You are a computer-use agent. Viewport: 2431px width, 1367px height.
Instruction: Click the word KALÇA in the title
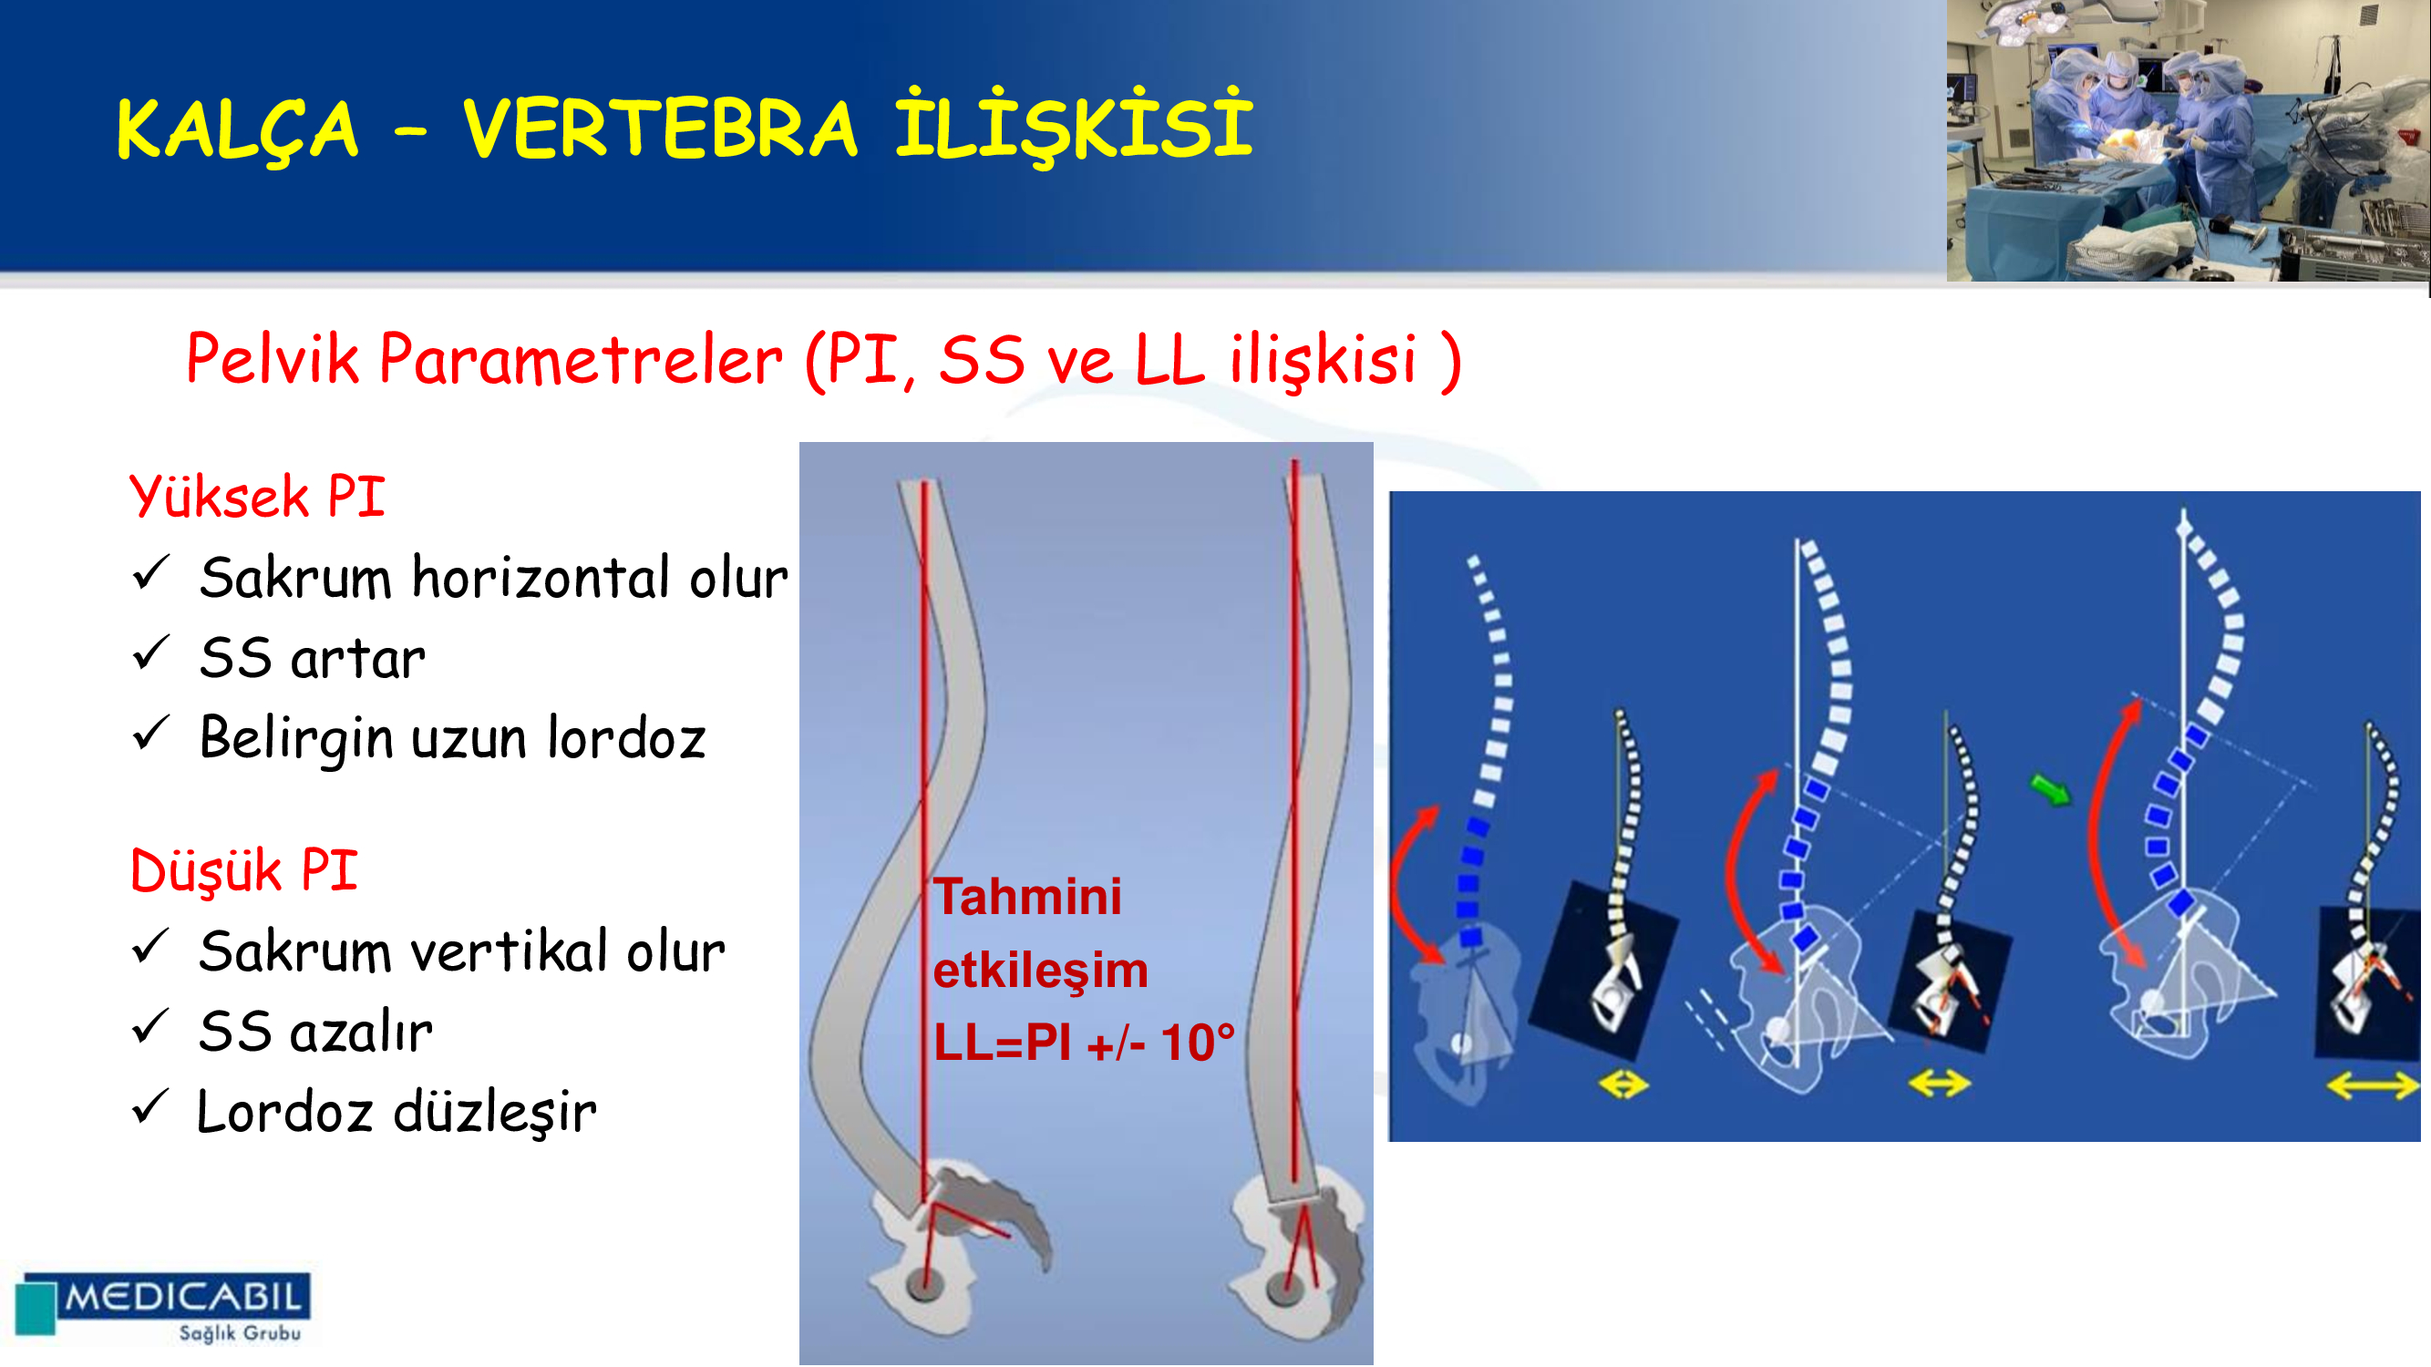(x=237, y=129)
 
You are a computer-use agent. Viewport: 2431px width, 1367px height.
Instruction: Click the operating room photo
(x=2188, y=140)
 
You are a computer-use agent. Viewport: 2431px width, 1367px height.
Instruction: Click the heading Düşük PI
(x=243, y=869)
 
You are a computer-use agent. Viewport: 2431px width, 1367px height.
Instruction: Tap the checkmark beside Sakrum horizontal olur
(x=151, y=572)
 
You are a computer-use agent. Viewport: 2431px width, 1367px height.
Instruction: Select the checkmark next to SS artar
(x=151, y=653)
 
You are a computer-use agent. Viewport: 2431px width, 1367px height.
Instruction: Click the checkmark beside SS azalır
(x=151, y=1026)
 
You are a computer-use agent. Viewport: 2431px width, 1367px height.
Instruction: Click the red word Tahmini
(x=1027, y=896)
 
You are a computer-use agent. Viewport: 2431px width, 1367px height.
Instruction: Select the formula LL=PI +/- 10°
(x=1085, y=1043)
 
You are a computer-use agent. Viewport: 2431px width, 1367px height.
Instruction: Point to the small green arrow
(x=2051, y=788)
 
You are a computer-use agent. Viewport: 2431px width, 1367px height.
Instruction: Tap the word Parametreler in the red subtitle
(x=582, y=359)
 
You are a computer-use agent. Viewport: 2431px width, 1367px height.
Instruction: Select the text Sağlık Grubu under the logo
(x=241, y=1332)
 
